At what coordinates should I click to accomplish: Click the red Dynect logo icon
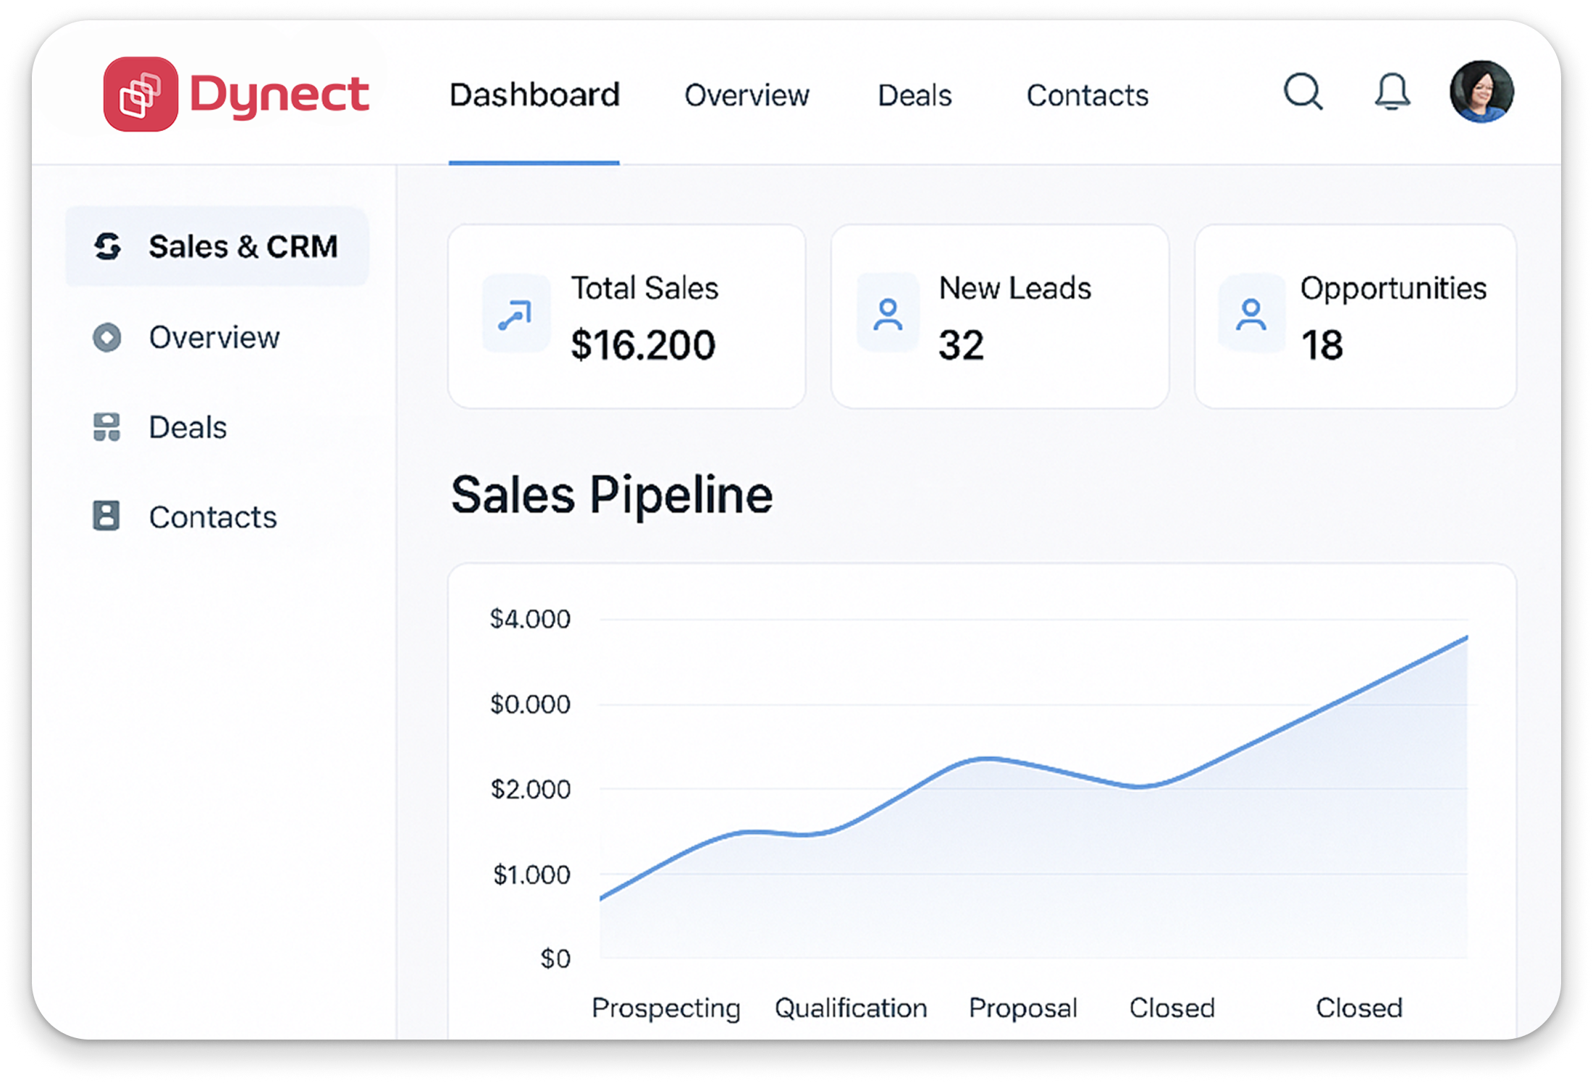(140, 94)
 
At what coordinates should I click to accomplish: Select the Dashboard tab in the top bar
(534, 95)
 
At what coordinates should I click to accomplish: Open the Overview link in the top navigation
(747, 96)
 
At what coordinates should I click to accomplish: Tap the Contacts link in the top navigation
(1088, 96)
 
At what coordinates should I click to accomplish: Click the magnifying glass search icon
(1303, 92)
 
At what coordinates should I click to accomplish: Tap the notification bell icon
(1392, 92)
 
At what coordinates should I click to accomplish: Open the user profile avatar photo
(1481, 92)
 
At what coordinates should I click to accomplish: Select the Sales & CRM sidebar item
(217, 246)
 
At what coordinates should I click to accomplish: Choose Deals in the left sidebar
(188, 427)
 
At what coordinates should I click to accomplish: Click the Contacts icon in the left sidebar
(106, 516)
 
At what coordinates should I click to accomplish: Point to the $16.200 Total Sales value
(643, 345)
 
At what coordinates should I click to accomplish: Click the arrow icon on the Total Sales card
(516, 315)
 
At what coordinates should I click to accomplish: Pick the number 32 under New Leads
(961, 345)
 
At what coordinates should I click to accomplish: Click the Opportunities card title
(1393, 288)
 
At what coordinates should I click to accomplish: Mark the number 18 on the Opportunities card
(1321, 345)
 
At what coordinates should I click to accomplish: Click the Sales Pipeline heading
(612, 495)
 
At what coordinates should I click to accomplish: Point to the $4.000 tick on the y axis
(530, 619)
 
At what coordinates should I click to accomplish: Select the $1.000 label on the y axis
(531, 875)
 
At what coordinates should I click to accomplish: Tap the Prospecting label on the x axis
(666, 1008)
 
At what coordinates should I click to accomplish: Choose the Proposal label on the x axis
(1023, 1008)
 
